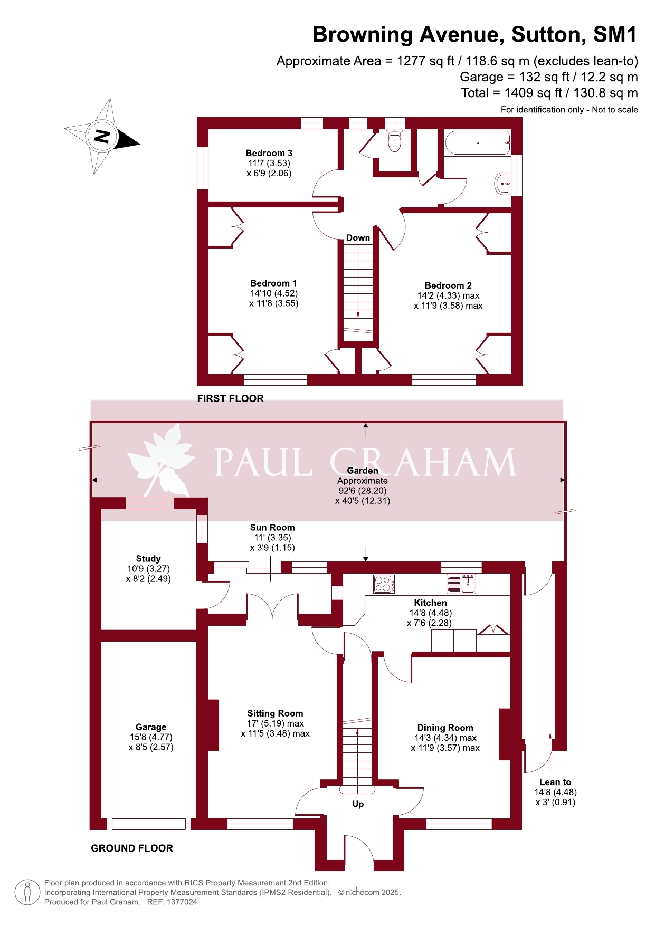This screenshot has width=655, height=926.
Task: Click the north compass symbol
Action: point(102,136)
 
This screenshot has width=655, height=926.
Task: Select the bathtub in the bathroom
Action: point(478,142)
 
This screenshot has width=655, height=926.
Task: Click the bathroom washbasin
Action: point(503,184)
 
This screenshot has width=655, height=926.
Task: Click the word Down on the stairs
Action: point(358,238)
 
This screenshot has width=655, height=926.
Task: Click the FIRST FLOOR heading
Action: point(231,399)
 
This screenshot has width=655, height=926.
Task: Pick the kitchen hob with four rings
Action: point(384,584)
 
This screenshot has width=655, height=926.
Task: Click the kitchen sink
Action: point(461,584)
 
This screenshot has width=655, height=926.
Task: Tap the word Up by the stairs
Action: point(358,804)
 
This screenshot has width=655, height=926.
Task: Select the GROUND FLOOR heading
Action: point(132,848)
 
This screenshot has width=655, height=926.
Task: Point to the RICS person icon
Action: point(27,892)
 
